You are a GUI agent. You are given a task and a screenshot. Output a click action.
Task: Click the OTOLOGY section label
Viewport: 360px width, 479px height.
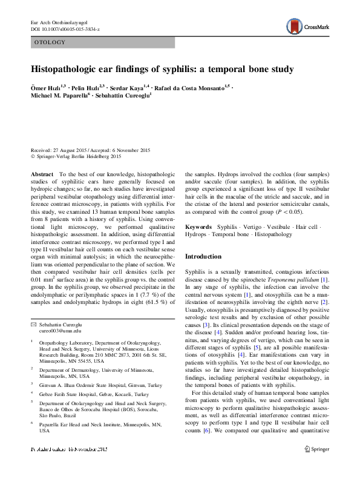tap(50, 43)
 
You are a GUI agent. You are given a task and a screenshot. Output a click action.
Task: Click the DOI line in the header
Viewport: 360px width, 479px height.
tap(65, 29)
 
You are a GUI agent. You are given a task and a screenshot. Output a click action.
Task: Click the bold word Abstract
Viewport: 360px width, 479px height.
tap(42, 173)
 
